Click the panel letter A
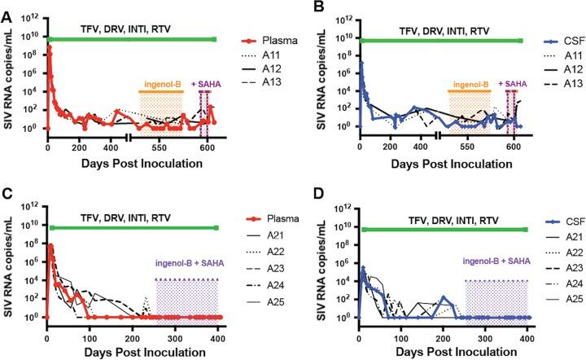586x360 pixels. click(7, 7)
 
